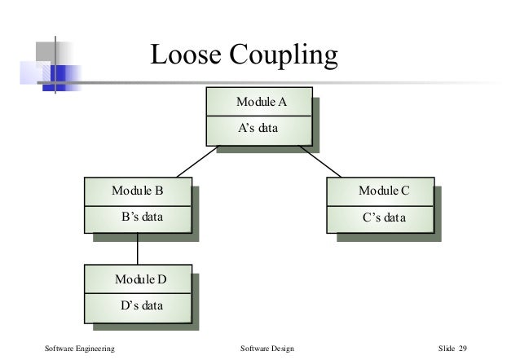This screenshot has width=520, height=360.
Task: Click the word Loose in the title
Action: point(185,55)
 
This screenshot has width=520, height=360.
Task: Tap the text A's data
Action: point(258,128)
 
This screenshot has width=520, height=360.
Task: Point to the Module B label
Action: point(138,191)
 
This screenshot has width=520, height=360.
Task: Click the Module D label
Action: point(140,279)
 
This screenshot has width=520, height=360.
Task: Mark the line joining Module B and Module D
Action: point(137,249)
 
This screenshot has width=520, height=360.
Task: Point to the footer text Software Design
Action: point(267,349)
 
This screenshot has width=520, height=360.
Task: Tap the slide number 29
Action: point(462,349)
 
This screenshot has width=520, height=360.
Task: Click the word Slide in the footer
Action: point(447,349)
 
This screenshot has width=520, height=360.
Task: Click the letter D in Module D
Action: point(161,279)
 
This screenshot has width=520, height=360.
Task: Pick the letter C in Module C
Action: point(404,191)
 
